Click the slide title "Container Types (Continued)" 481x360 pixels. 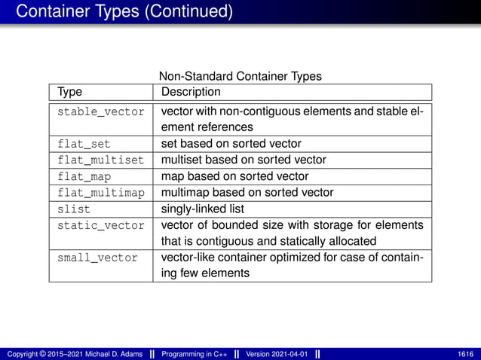(124, 11)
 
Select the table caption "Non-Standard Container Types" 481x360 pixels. (240, 76)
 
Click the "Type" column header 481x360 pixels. (70, 92)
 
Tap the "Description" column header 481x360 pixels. (191, 92)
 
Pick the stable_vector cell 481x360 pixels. (101, 111)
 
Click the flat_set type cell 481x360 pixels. (83, 143)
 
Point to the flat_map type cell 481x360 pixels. (83, 176)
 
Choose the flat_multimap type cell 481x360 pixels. (101, 192)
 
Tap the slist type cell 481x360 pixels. (73, 209)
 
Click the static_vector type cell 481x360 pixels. (101, 225)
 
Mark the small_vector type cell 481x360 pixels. (98, 258)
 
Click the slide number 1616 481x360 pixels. (465, 354)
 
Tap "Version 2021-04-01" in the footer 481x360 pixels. (277, 354)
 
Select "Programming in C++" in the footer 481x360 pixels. (195, 354)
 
